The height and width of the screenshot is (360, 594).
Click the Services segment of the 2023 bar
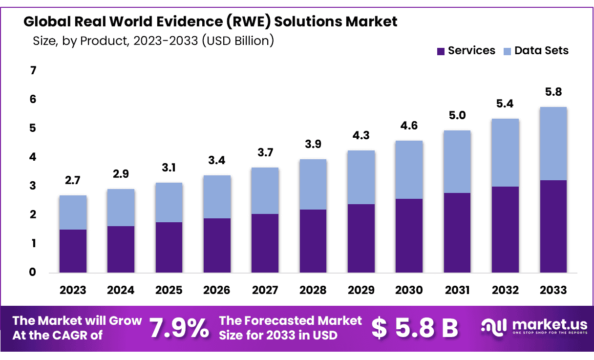click(x=73, y=251)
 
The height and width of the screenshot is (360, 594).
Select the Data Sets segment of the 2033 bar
click(x=553, y=144)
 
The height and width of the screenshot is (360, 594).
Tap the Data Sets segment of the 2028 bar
click(x=313, y=184)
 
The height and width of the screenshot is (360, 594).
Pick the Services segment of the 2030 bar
click(x=409, y=235)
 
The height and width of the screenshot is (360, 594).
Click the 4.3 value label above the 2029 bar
click(x=361, y=136)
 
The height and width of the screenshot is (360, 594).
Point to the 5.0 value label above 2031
click(x=457, y=116)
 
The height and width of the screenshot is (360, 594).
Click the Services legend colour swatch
click(x=441, y=51)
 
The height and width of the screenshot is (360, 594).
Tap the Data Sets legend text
click(x=541, y=50)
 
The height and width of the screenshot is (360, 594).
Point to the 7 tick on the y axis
click(x=33, y=71)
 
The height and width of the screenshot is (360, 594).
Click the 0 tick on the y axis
click(x=33, y=272)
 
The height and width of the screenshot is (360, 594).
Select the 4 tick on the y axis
click(x=33, y=157)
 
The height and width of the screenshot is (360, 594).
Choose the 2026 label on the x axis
click(x=217, y=290)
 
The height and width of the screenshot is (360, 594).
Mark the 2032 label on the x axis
click(x=505, y=290)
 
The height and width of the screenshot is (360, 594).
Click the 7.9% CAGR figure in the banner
click(x=179, y=328)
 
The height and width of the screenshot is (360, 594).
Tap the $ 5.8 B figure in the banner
click(x=414, y=328)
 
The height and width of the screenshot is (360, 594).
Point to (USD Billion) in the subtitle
click(x=238, y=41)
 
